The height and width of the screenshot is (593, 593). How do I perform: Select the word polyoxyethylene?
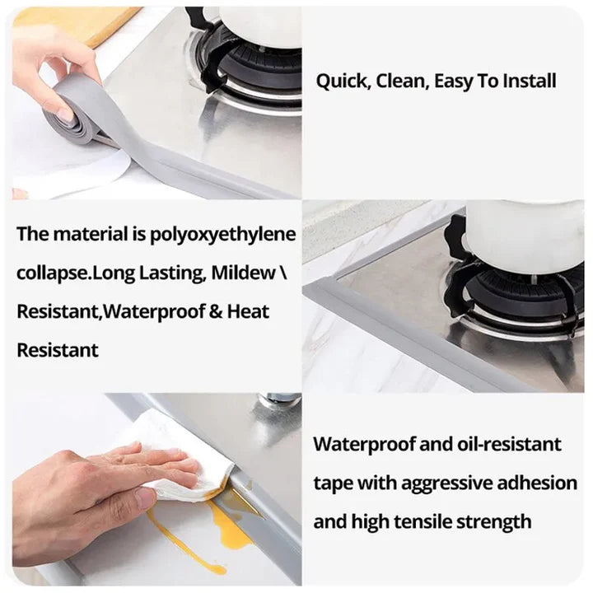[x=222, y=236]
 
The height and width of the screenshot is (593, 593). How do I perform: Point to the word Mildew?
[x=244, y=273]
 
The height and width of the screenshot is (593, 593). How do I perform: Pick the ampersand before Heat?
[x=215, y=311]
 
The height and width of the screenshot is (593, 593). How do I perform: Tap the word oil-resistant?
[x=509, y=444]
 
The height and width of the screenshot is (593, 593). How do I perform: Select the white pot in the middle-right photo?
[x=525, y=235]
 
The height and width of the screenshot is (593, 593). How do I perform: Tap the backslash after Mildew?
[x=283, y=273]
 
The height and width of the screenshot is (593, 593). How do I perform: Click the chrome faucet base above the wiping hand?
[x=279, y=404]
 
